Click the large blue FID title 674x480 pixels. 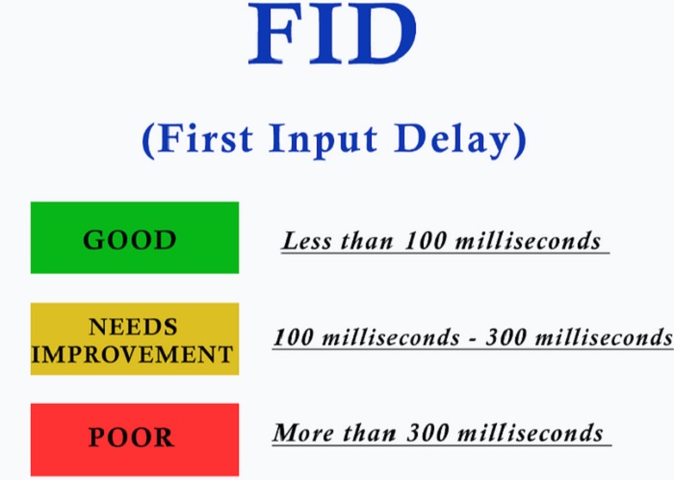(x=333, y=34)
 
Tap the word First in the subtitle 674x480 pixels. (x=205, y=138)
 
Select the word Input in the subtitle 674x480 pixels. (x=323, y=140)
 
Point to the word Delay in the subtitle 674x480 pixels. (x=453, y=140)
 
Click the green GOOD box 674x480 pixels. (x=135, y=237)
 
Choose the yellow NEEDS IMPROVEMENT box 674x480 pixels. (x=135, y=339)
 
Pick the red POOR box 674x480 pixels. (x=135, y=440)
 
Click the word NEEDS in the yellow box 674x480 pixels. (x=133, y=327)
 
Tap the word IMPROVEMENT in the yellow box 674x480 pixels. (x=133, y=355)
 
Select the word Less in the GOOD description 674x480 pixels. (x=307, y=240)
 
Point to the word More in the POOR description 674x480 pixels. (x=304, y=433)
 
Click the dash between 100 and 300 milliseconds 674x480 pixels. (x=473, y=340)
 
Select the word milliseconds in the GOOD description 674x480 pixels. (x=528, y=240)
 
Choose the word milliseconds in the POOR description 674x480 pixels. (x=530, y=432)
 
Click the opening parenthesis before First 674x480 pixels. (x=148, y=141)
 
